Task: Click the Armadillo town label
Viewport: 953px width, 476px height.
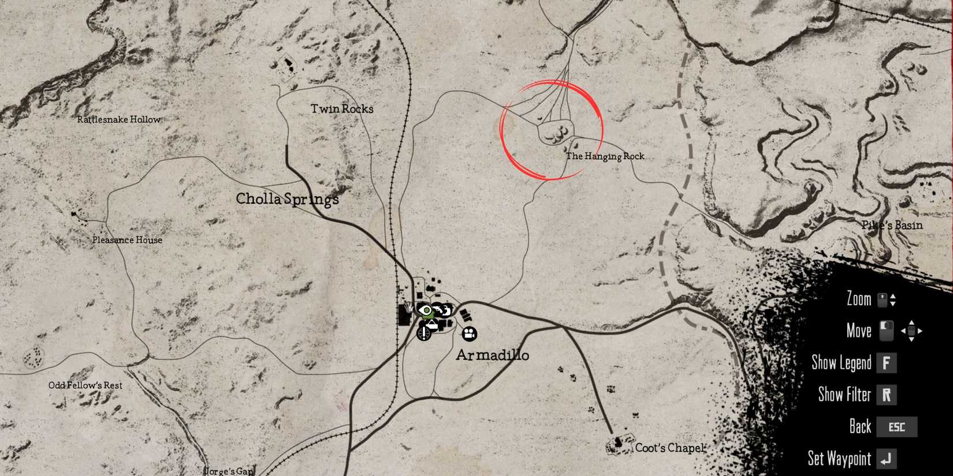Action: click(x=492, y=355)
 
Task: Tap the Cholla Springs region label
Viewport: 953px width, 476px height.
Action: click(x=287, y=199)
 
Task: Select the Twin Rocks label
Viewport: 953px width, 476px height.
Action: click(x=342, y=108)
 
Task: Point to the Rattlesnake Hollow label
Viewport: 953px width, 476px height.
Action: click(x=119, y=119)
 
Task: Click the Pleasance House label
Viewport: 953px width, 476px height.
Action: click(x=127, y=240)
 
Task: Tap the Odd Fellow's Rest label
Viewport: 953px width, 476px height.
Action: click(x=85, y=385)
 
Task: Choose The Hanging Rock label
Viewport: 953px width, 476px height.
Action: click(x=605, y=156)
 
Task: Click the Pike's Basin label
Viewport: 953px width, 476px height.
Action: click(x=892, y=225)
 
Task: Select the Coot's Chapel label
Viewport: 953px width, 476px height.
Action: click(x=669, y=448)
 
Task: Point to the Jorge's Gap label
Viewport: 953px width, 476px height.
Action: click(x=229, y=471)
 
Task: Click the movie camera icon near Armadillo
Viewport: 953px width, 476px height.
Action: click(x=469, y=333)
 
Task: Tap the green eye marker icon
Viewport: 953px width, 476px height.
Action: click(x=426, y=312)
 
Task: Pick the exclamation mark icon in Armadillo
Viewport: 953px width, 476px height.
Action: click(x=425, y=332)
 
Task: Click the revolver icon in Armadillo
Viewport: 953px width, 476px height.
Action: click(x=442, y=311)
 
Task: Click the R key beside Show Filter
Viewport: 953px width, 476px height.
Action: click(x=886, y=395)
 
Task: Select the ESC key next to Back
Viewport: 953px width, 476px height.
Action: click(x=896, y=427)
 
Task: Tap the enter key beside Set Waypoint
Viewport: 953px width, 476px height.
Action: click(x=886, y=459)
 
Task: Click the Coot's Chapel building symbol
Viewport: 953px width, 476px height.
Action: click(x=617, y=444)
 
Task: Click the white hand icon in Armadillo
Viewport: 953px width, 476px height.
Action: click(x=410, y=306)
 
